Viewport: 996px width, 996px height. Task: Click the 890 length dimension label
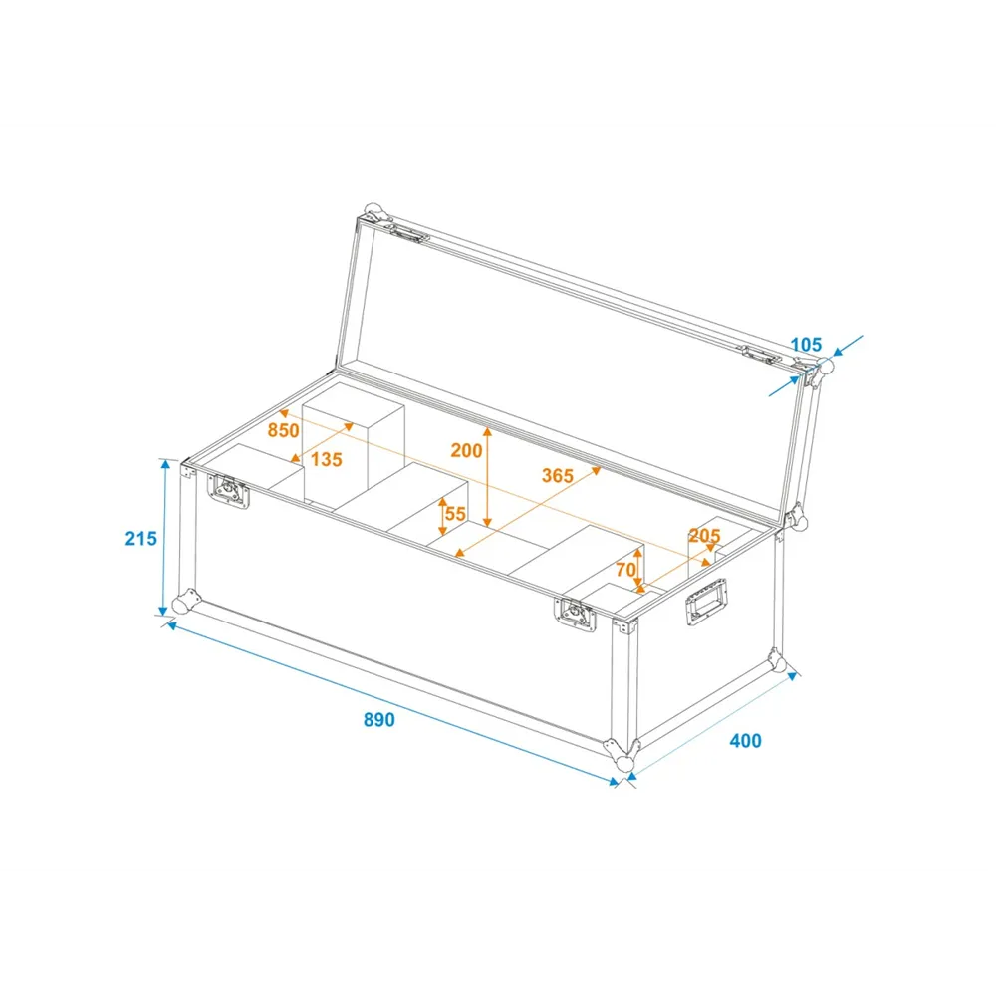(x=379, y=720)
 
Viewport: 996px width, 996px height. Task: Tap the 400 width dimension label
(x=745, y=741)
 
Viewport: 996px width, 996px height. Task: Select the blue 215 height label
(x=141, y=539)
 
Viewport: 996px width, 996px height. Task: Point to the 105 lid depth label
(x=806, y=345)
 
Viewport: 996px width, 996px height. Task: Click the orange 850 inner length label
(x=283, y=430)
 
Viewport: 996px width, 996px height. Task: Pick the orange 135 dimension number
(x=327, y=459)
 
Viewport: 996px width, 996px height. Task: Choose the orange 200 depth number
(x=467, y=450)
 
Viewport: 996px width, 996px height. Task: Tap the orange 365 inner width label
(x=558, y=475)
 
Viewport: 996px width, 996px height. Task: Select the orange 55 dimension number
(x=455, y=513)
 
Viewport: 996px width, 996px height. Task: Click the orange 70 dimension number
(x=625, y=569)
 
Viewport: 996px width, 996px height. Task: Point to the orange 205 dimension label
(x=704, y=536)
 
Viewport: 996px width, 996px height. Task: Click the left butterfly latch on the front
(x=228, y=491)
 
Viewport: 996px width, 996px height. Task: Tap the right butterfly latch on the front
(x=576, y=615)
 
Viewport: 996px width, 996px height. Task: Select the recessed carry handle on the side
(x=706, y=602)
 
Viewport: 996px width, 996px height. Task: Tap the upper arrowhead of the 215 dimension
(x=165, y=464)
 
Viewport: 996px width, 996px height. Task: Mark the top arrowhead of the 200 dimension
(x=487, y=432)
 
